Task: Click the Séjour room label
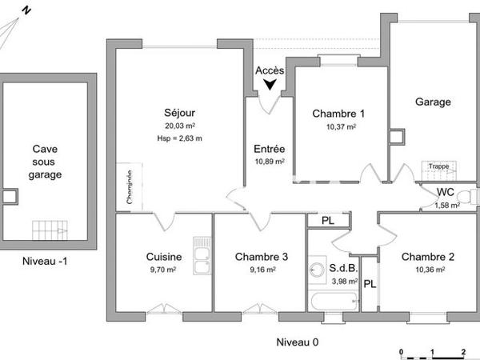pyautogui.click(x=179, y=113)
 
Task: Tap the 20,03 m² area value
pyautogui.click(x=180, y=126)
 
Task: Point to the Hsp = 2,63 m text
pyautogui.click(x=180, y=138)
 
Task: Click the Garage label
pyautogui.click(x=433, y=102)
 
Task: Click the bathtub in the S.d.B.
pyautogui.click(x=333, y=302)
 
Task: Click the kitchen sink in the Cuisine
pyautogui.click(x=202, y=258)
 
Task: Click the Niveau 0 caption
pyautogui.click(x=297, y=342)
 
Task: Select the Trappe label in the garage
pyautogui.click(x=438, y=166)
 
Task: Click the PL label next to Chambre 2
pyautogui.click(x=370, y=284)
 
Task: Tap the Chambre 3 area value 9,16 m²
pyautogui.click(x=262, y=270)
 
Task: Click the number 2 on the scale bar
pyautogui.click(x=462, y=351)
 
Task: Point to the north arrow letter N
pyautogui.click(x=26, y=10)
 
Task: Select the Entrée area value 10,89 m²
pyautogui.click(x=270, y=162)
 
